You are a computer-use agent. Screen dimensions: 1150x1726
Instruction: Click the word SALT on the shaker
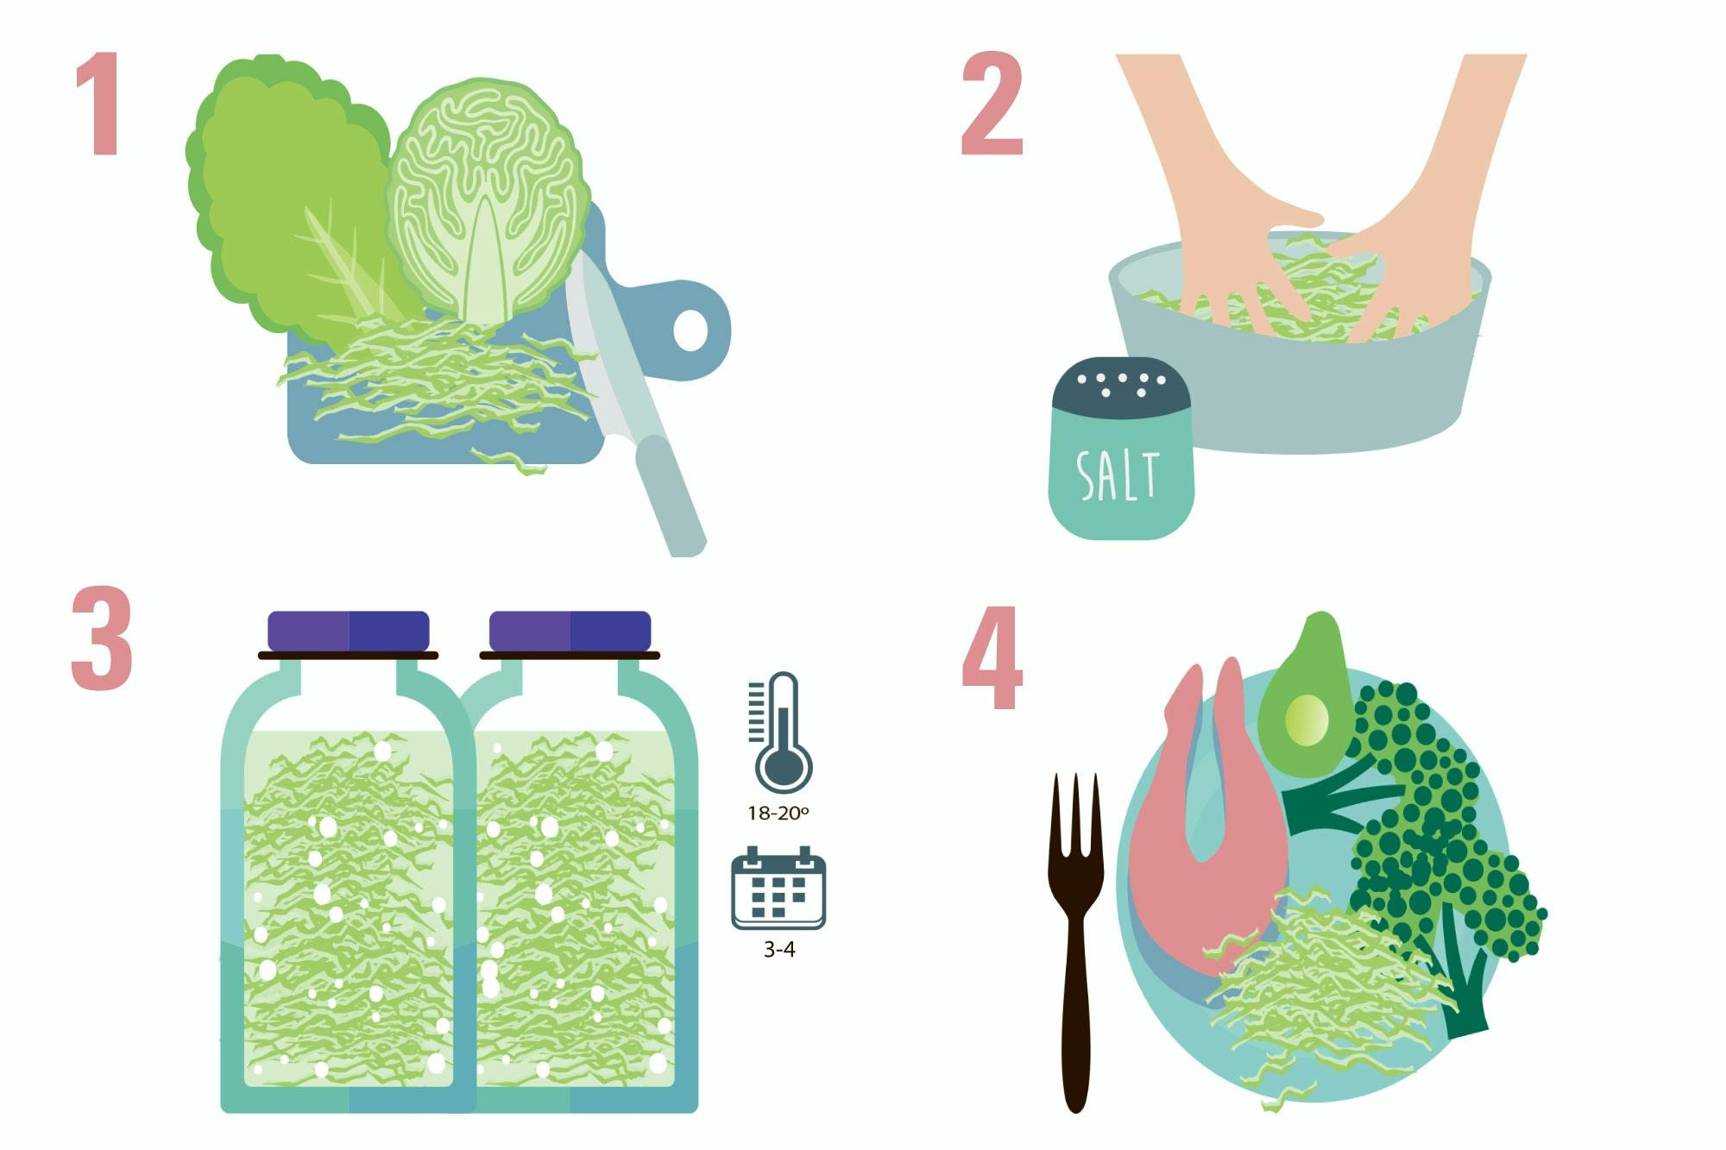pos(1118,475)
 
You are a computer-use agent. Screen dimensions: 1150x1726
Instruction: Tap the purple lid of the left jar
pos(348,631)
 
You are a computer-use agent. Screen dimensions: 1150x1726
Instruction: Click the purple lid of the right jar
pos(570,631)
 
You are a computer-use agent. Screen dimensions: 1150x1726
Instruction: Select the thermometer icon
pos(782,733)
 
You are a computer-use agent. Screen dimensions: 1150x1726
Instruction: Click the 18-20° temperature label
pos(778,813)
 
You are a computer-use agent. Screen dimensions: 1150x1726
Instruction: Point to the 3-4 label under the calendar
pos(778,950)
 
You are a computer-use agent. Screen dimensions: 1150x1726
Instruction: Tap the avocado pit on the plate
pos(1307,720)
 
